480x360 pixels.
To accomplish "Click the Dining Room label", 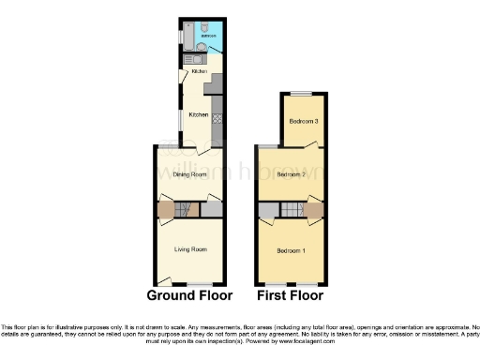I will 191,174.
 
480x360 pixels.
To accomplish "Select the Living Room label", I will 190,249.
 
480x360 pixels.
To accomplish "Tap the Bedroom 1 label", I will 291,250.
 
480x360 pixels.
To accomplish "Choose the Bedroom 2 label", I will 292,174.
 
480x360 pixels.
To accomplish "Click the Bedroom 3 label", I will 303,122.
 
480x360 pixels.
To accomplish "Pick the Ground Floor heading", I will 190,295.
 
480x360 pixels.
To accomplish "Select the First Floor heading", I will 291,295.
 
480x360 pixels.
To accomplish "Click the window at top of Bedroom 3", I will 303,95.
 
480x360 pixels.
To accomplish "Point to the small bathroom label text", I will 208,36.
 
